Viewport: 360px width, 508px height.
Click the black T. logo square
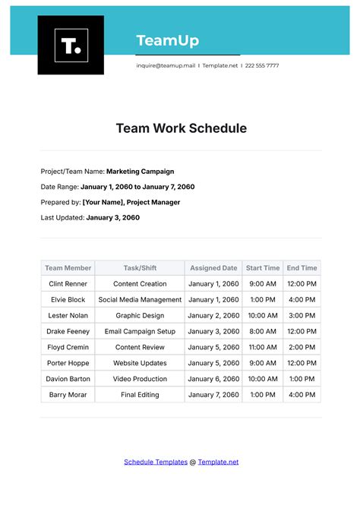[x=71, y=46]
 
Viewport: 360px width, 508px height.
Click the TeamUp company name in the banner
[x=167, y=40]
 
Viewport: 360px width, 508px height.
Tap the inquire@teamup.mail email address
[x=166, y=65]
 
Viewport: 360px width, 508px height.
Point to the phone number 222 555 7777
[x=261, y=65]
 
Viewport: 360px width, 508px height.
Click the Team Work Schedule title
[x=181, y=128]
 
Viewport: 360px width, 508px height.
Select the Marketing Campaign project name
[x=141, y=172]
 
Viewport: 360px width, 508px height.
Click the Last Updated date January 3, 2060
[x=113, y=217]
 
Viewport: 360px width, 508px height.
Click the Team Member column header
[x=68, y=268]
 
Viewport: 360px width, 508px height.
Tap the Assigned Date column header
[x=213, y=268]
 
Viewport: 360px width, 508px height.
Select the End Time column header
[x=302, y=268]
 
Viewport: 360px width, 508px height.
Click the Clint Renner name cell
[x=68, y=284]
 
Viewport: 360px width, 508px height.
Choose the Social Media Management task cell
[x=141, y=300]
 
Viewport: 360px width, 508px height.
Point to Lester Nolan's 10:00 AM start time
[x=263, y=315]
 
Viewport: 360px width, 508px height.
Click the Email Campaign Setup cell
[x=141, y=331]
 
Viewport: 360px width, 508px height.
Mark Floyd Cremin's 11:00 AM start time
[x=263, y=347]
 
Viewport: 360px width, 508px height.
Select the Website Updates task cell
[x=141, y=363]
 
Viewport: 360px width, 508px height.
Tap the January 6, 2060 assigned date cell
[x=213, y=379]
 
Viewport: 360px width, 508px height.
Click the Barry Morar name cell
[x=68, y=395]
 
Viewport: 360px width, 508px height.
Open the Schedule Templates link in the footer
[x=155, y=462]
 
